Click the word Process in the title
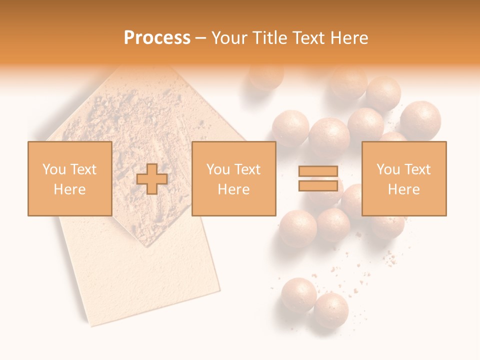point(157,37)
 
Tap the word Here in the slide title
point(347,37)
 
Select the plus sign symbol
point(152,179)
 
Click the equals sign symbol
point(318,178)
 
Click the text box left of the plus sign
point(69,178)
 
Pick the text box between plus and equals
point(233,178)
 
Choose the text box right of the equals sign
point(403,178)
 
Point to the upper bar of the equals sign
point(318,171)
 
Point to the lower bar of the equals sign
point(318,185)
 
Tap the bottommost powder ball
point(330,310)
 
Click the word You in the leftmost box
point(54,169)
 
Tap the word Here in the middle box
point(233,189)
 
